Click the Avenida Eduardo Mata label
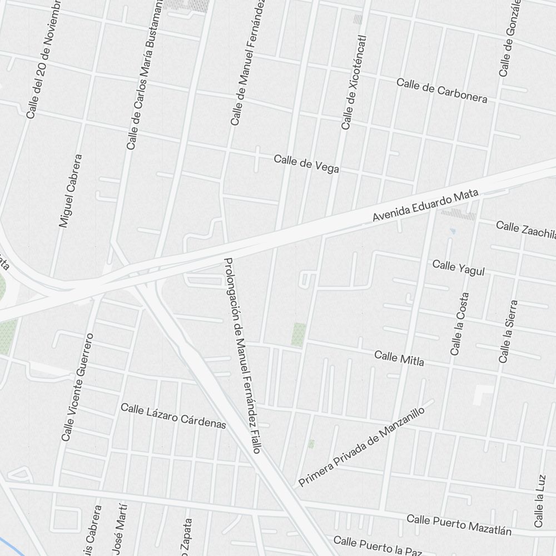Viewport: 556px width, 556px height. [x=425, y=206]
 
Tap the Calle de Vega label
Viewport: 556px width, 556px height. [x=306, y=164]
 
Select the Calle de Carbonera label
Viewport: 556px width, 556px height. [x=442, y=91]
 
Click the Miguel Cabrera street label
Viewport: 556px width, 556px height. [x=71, y=191]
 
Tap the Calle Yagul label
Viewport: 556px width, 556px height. [x=459, y=267]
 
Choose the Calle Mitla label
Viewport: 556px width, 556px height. [x=399, y=358]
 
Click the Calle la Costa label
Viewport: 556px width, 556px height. [x=460, y=324]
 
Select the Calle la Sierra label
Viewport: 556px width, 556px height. [x=508, y=332]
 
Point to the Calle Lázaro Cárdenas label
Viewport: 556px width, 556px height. [x=173, y=416]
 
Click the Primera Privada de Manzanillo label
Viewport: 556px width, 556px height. [x=361, y=447]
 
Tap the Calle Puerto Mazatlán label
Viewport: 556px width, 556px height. [x=459, y=524]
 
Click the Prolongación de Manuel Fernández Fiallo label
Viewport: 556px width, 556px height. [x=242, y=356]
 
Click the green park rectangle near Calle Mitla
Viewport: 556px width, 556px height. [x=299, y=335]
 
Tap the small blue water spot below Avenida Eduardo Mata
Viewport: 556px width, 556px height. [x=451, y=230]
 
